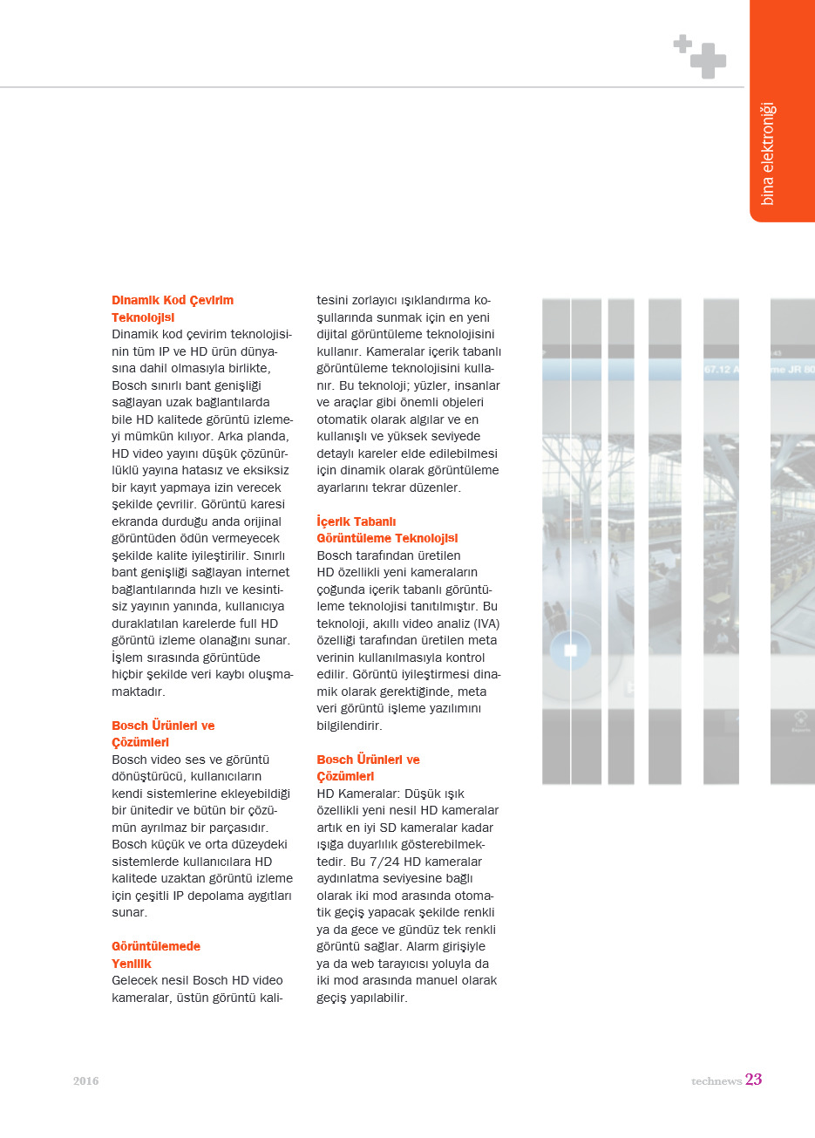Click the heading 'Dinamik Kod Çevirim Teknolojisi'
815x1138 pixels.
point(172,309)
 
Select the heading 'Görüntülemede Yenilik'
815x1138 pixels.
point(155,955)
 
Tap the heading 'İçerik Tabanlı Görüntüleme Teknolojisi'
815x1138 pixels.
point(386,530)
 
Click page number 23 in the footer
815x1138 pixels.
point(753,1080)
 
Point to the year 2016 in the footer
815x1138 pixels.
point(85,1081)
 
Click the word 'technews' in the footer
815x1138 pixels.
point(716,1081)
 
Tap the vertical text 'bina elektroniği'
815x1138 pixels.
point(767,153)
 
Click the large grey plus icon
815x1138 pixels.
point(709,61)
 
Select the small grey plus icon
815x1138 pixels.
point(683,43)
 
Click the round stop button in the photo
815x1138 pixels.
point(571,651)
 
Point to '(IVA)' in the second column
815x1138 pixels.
point(484,624)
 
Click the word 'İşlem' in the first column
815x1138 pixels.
point(127,658)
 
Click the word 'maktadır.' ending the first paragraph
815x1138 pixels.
point(138,692)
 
